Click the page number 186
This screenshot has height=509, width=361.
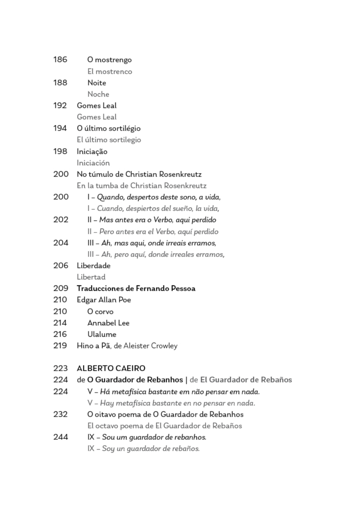click(60, 59)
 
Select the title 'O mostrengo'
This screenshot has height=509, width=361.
click(109, 60)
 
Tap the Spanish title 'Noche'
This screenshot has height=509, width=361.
click(98, 94)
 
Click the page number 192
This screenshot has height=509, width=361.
click(60, 105)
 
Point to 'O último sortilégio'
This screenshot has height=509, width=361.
click(109, 128)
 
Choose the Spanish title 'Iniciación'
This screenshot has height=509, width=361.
click(93, 163)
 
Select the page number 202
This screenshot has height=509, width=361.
click(61, 220)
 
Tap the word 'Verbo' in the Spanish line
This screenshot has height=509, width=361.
click(165, 231)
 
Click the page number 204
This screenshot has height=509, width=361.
click(61, 243)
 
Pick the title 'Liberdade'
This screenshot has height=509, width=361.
click(93, 266)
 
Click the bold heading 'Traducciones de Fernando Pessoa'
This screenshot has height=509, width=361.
click(136, 288)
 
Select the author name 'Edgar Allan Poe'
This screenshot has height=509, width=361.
click(104, 300)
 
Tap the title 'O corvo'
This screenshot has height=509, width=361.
click(100, 311)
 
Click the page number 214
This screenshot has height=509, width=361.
click(60, 323)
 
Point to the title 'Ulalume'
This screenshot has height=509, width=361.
click(102, 334)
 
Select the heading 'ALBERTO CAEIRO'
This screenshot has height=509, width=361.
click(111, 368)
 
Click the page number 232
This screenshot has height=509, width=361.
click(60, 414)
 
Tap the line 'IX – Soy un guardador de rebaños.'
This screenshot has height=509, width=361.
click(144, 448)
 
